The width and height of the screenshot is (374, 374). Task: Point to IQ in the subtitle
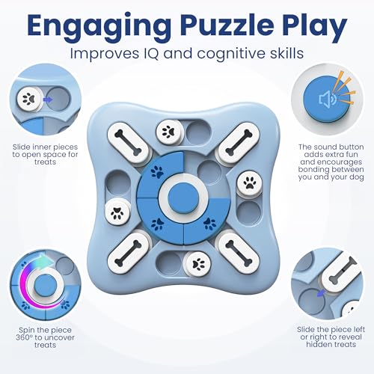tap(151, 53)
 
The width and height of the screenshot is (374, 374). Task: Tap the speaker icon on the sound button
tap(328, 99)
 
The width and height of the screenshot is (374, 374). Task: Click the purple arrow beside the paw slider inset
tap(47, 99)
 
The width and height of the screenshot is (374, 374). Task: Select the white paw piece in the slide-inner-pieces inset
tap(30, 99)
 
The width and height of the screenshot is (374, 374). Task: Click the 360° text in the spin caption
tap(25, 337)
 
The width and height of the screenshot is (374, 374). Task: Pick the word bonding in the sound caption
tap(314, 170)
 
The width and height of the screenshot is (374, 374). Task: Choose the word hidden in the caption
tap(318, 345)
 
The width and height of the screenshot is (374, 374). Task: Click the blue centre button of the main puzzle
tap(183, 197)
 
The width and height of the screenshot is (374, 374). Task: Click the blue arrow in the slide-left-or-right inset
tap(321, 292)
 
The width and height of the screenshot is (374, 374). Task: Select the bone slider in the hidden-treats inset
tap(340, 274)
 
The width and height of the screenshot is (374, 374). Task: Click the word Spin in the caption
tap(26, 331)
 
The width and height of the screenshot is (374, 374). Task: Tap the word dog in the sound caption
tap(357, 177)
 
